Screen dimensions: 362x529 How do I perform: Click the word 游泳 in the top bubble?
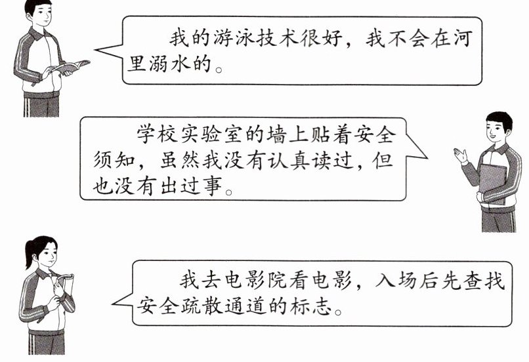click(x=232, y=37)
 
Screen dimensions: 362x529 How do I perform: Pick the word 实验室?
click(x=215, y=135)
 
